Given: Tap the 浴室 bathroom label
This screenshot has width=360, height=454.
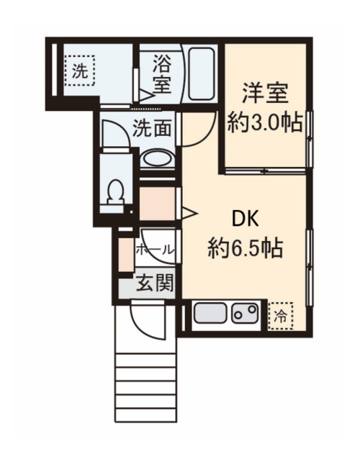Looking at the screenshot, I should [x=161, y=73].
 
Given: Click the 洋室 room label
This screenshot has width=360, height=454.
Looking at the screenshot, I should [x=264, y=94].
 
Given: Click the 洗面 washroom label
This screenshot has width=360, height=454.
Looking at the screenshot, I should [x=152, y=130].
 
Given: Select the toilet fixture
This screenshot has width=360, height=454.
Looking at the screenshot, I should [x=114, y=192].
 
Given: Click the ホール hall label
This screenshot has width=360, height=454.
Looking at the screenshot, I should [x=154, y=250].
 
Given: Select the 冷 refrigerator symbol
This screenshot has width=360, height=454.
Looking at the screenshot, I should [x=282, y=314].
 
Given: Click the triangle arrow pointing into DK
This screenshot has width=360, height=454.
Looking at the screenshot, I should [x=190, y=212].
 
